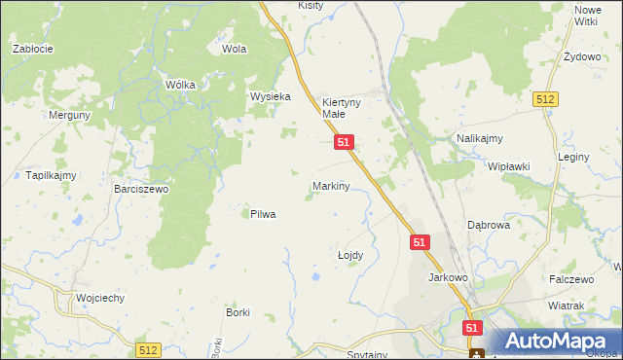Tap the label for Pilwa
click(263, 214)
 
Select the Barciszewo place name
click(141, 190)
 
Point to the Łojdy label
click(349, 255)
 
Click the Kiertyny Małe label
click(341, 107)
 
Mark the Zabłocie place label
click(32, 48)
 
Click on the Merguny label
click(70, 115)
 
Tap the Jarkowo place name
click(449, 277)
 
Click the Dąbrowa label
click(489, 225)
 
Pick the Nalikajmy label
click(479, 139)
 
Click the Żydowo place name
click(582, 57)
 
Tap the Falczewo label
click(570, 279)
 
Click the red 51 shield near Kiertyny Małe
click(344, 142)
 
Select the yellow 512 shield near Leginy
click(544, 99)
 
